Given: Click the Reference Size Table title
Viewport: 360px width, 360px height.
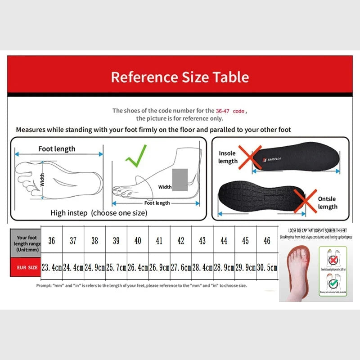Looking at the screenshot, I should pos(180,77).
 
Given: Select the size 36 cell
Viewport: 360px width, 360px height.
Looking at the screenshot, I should pos(52,241).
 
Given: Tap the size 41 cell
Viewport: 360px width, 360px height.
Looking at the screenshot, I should pos(159,241).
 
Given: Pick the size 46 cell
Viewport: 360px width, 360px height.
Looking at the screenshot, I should pos(267,241).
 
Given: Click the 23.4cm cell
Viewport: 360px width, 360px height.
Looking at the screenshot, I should pos(52,267).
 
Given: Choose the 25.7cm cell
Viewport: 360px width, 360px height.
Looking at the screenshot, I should pos(116,267).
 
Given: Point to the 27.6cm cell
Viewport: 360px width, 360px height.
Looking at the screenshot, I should pos(181,267).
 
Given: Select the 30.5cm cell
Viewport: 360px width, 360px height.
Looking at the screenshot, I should pos(267,267).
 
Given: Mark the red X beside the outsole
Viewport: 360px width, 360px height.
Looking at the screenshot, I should pos(305,201).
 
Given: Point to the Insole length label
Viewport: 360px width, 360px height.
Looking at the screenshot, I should pos(228,157).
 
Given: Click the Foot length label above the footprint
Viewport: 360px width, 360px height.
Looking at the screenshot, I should pos(57,149).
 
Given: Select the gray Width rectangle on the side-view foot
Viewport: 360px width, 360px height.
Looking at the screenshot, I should pos(180,179).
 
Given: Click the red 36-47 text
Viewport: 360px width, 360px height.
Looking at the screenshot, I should pos(224,110).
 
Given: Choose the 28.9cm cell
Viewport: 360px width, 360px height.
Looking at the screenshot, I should pos(224,267).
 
